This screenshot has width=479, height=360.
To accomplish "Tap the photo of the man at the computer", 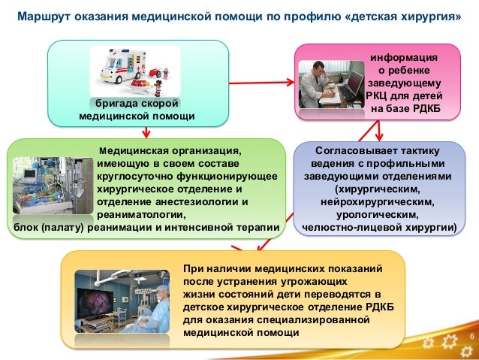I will (330, 86).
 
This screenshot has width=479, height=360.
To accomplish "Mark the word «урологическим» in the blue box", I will (378, 214).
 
